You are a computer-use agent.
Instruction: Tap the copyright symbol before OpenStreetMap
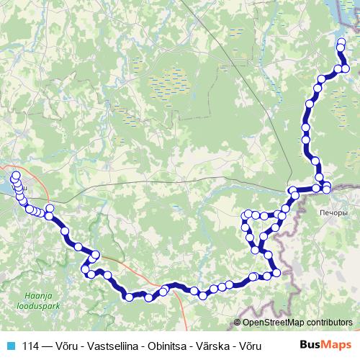(238, 323)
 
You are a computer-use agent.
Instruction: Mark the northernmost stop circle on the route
(341, 41)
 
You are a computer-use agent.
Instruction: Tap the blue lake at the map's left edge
(4, 186)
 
